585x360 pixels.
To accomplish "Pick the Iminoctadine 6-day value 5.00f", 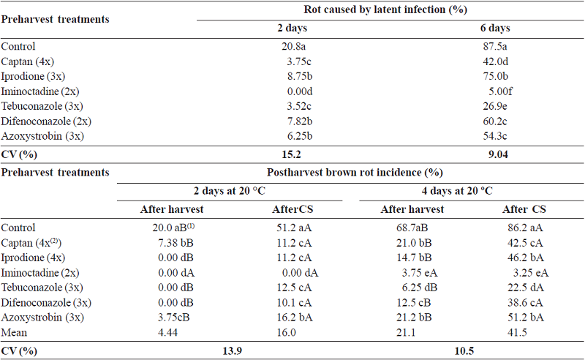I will click(x=501, y=92).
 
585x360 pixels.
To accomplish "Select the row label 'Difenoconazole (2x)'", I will click(x=45, y=121).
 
